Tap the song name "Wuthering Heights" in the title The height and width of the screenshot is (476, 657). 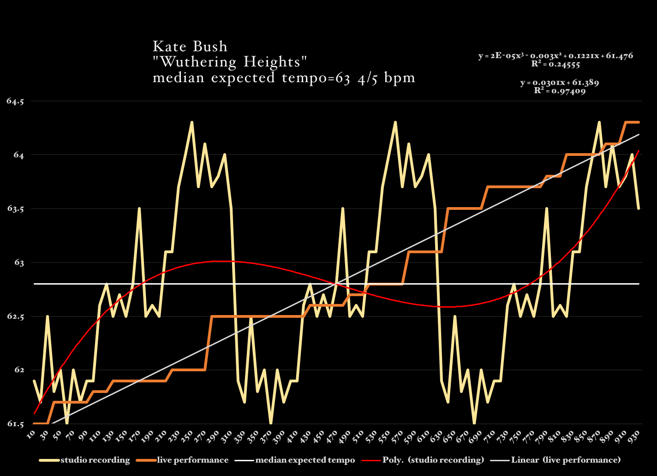coord(230,62)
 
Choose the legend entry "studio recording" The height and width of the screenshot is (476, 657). coord(95,460)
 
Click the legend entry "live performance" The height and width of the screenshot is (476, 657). coord(192,460)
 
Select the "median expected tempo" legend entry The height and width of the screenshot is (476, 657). coord(305,460)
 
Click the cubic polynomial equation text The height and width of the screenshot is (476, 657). coord(555,56)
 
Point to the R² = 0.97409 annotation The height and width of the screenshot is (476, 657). coord(560,91)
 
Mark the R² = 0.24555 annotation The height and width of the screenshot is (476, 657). coord(555,64)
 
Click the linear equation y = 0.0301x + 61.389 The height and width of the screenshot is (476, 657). coord(560,83)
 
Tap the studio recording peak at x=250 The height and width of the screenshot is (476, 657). coord(191,122)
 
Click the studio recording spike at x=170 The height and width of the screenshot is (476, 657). coord(139,208)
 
